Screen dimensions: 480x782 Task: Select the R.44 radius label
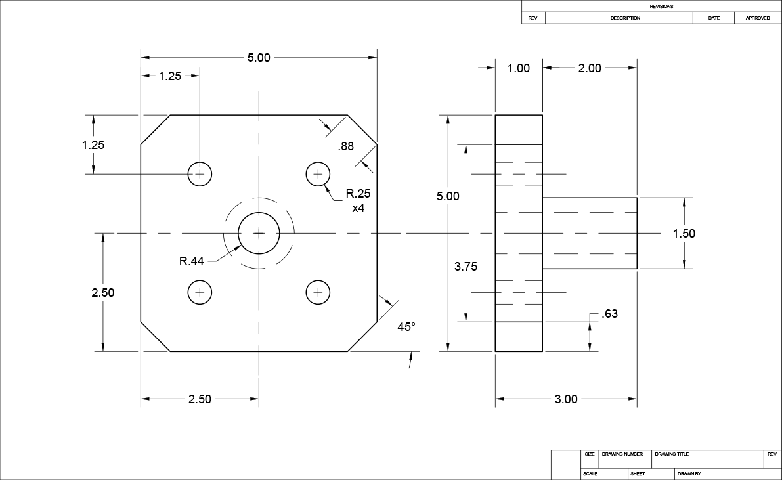coord(191,261)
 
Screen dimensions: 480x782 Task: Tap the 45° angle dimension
coord(406,326)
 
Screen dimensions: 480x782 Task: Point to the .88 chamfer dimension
coord(346,147)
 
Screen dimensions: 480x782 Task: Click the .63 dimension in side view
coord(609,314)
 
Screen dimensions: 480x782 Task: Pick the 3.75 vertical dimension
coord(466,266)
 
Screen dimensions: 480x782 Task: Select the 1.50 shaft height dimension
coord(684,234)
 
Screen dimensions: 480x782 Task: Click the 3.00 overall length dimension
coord(566,399)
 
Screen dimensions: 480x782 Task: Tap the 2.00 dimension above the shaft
coord(589,68)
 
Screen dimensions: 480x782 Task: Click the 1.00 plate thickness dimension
coord(519,68)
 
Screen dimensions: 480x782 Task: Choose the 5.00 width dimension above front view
coord(259,58)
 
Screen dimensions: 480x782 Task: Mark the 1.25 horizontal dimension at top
coord(169,76)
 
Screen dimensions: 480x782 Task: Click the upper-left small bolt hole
coord(200,174)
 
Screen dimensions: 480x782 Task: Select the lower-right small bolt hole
coord(318,292)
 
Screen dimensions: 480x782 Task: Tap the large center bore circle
coord(259,233)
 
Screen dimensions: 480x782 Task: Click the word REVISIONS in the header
coord(661,6)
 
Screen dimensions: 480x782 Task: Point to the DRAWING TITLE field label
coord(672,454)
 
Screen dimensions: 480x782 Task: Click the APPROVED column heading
coord(757,18)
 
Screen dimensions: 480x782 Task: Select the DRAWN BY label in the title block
coord(689,473)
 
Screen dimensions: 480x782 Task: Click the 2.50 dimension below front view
coord(200,399)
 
